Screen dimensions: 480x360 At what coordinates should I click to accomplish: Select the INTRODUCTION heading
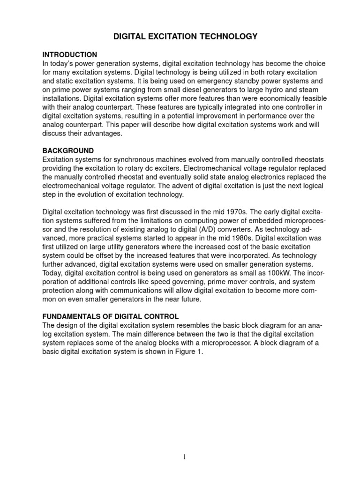[70, 55]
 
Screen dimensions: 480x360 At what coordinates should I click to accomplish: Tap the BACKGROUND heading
[68, 151]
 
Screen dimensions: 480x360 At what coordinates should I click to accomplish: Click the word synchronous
[124, 160]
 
